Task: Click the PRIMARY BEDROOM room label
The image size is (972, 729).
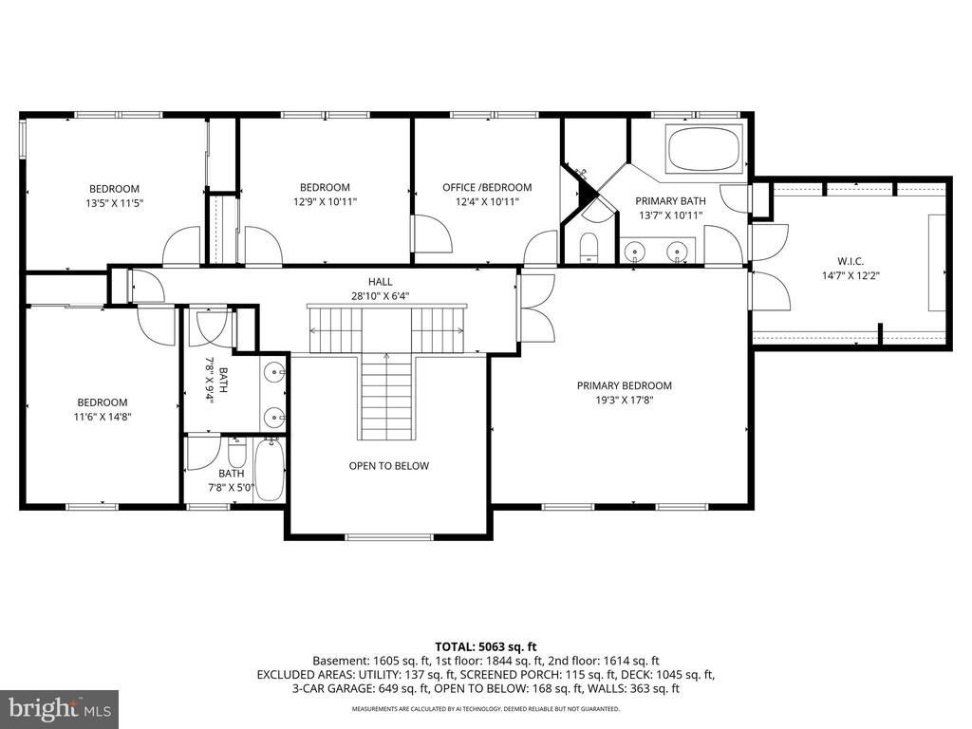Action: [x=625, y=385]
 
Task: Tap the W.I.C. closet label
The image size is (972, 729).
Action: [x=850, y=262]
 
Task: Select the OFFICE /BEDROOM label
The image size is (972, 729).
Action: [x=487, y=187]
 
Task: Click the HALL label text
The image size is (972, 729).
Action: [x=380, y=281]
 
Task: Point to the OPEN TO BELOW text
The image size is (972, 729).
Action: [x=388, y=465]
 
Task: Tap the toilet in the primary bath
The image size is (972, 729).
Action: [x=587, y=248]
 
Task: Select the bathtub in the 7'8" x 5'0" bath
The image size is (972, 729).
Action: [x=270, y=470]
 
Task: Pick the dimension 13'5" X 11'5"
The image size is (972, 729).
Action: [x=114, y=203]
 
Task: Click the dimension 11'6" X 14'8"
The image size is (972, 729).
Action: [x=103, y=418]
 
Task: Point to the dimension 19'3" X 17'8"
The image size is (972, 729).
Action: [x=625, y=401]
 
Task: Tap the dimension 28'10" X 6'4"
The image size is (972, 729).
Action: [x=380, y=296]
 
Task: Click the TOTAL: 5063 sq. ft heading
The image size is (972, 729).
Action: [x=485, y=647]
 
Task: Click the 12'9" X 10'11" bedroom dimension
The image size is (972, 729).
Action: [x=325, y=201]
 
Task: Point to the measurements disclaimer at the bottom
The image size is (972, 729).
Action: [x=485, y=708]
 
